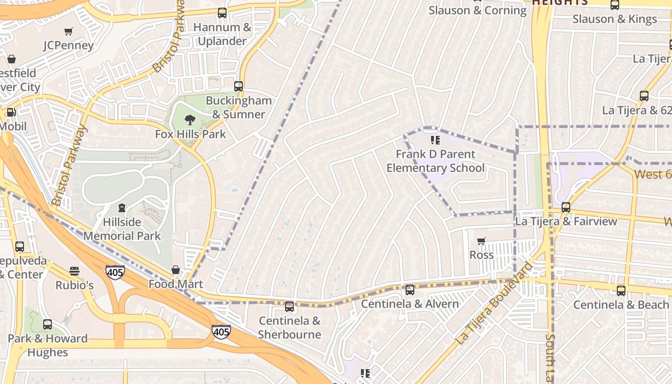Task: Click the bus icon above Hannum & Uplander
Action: [222, 13]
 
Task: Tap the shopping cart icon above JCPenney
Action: [69, 32]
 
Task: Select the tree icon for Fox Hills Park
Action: [190, 120]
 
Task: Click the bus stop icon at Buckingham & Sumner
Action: [239, 86]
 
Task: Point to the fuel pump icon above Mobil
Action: [11, 112]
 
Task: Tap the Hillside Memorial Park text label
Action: [122, 229]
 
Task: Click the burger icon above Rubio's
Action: [74, 271]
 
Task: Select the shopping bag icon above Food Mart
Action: [176, 270]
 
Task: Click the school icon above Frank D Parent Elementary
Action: [435, 140]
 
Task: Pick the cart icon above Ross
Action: [481, 241]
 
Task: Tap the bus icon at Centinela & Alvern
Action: [409, 290]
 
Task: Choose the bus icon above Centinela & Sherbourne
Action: [289, 307]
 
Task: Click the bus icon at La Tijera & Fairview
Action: [566, 207]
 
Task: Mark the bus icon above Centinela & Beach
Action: [621, 290]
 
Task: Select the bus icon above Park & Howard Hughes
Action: [47, 324]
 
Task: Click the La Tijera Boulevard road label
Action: [494, 303]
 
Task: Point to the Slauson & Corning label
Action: [477, 10]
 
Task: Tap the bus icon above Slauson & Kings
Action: [614, 5]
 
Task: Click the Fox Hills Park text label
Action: [190, 134]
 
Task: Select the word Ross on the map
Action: [481, 255]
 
